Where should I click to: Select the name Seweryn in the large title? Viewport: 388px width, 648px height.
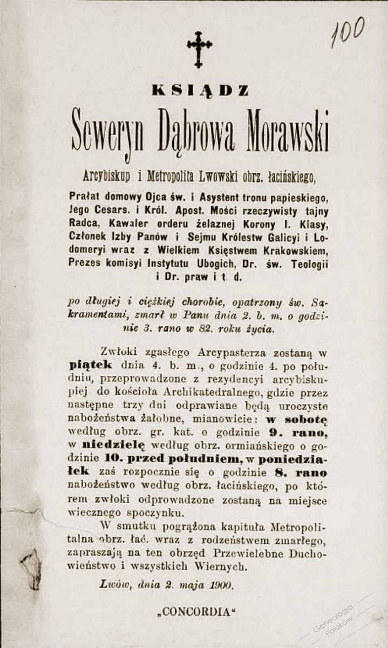pyautogui.click(x=107, y=132)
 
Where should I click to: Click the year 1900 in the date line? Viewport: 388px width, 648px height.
pyautogui.click(x=222, y=584)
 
